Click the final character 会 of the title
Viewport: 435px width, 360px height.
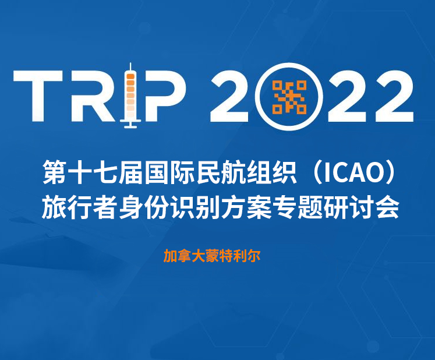386,206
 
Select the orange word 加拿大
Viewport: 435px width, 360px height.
181,256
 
